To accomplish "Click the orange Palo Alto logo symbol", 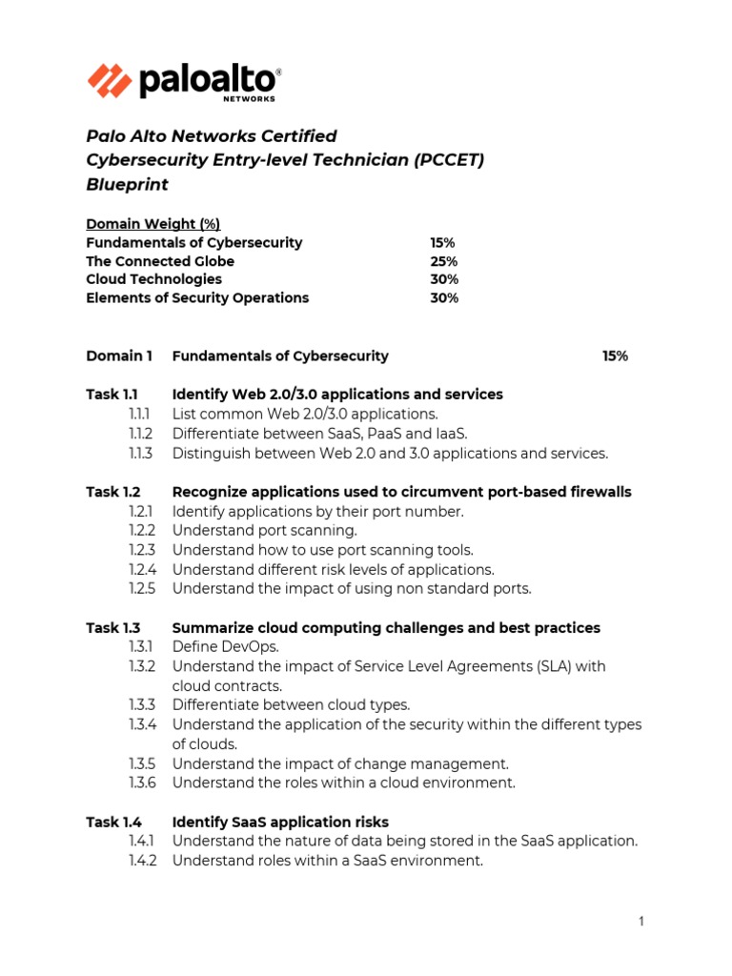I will coord(110,80).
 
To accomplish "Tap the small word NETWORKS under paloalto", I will coord(249,98).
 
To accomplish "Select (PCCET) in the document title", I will coord(449,160).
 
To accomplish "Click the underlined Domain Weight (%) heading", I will coord(152,224).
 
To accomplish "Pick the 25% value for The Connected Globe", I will coord(443,261).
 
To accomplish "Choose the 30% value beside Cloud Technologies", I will coord(443,279).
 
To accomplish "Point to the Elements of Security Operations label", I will coord(197,297).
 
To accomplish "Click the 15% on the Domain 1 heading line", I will coord(615,356).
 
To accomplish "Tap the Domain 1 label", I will coord(119,356).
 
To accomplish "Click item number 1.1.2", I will coord(140,434).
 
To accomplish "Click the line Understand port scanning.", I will coord(264,531).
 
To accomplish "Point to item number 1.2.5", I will coord(141,589).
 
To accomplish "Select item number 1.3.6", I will coord(141,783).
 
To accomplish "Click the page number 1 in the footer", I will coord(641,921).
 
